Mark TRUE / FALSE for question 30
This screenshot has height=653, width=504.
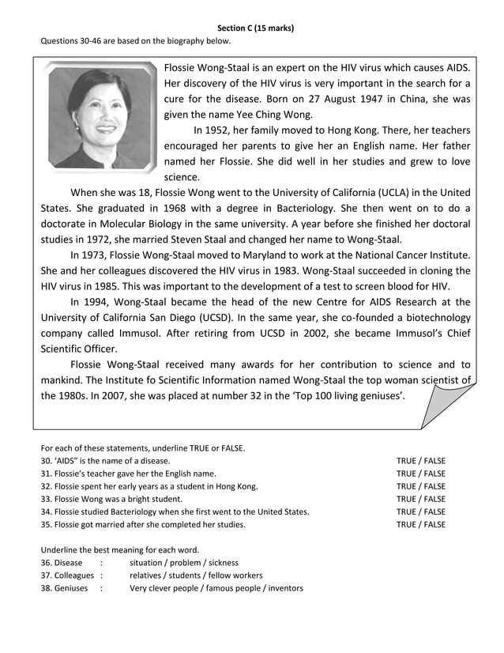point(420,461)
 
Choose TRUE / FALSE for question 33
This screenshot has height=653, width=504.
point(420,499)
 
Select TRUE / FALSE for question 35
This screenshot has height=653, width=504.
point(420,524)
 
